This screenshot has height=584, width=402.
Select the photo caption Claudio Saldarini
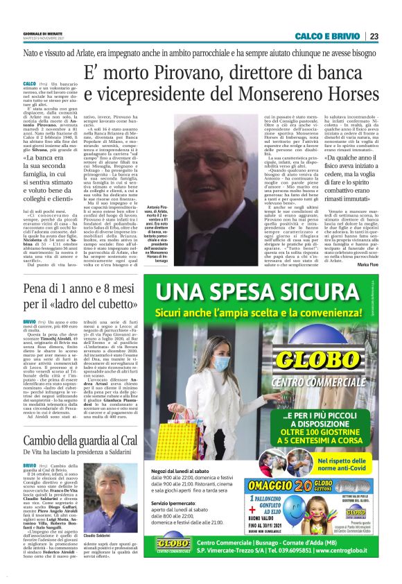click(x=107, y=537)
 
